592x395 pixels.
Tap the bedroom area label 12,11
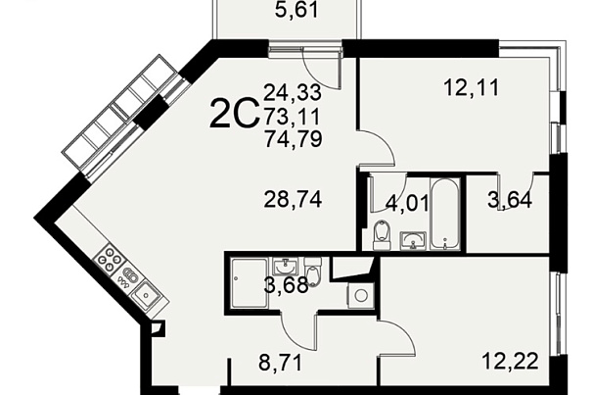point(472,88)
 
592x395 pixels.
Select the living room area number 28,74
point(293,199)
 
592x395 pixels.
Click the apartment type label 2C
point(234,113)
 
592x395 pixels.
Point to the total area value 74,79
point(293,138)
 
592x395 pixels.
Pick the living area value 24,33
point(293,92)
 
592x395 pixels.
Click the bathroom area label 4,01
point(407,203)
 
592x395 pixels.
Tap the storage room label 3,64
point(510,200)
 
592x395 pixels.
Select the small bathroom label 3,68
point(286,285)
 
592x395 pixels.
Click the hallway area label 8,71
point(281,363)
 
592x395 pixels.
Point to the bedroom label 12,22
point(510,362)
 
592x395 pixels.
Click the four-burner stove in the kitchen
point(110,259)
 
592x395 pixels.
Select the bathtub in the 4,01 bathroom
point(445,214)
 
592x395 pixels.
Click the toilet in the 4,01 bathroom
point(381,234)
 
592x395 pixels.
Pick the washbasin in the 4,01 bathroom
point(413,241)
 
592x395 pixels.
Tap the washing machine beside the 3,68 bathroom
point(361,295)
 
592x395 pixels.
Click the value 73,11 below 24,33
point(292,116)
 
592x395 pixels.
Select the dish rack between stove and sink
point(127,278)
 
